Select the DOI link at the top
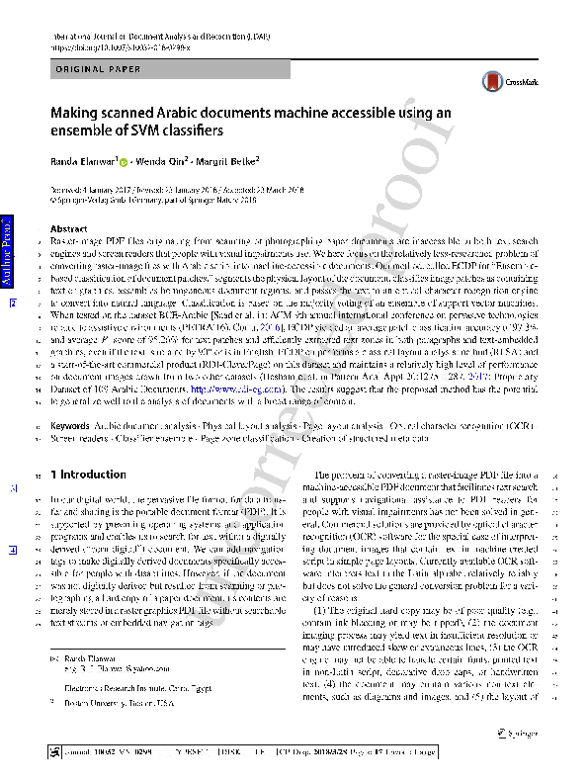tap(119, 45)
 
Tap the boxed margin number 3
tap(13, 488)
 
